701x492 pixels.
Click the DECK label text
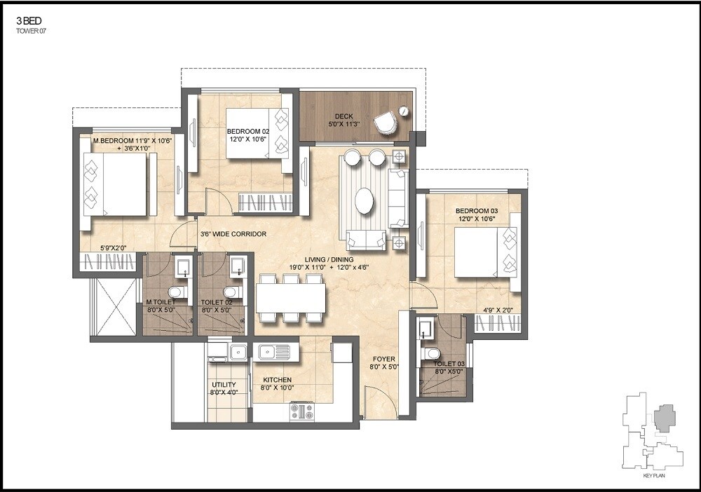343,116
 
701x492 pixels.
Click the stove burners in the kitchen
302,411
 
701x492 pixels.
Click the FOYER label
383,359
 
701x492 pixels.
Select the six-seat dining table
290,298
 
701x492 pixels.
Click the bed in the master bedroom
115,184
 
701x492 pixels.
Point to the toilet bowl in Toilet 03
432,353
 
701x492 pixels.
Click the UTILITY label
224,385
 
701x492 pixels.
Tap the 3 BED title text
28,21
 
